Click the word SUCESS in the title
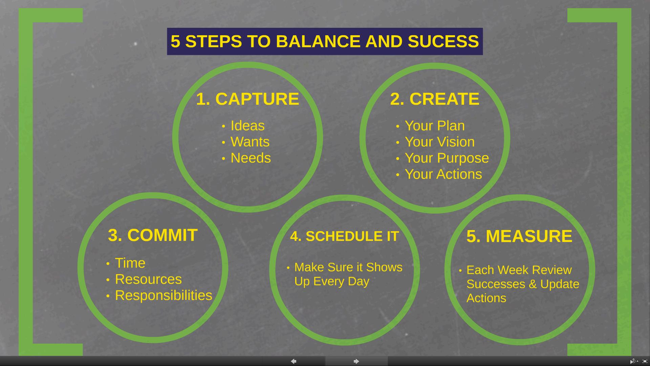(443, 41)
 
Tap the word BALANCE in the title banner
(318, 41)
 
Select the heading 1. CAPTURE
(247, 99)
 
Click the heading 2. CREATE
(435, 99)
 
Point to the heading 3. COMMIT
(153, 235)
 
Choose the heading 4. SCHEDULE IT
(345, 236)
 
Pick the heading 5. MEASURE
(519, 236)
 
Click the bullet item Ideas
(247, 126)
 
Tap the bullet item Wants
(250, 142)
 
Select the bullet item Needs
(251, 158)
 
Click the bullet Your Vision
(440, 142)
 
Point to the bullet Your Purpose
(447, 158)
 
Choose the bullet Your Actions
(443, 174)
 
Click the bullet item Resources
(148, 279)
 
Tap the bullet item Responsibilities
(164, 296)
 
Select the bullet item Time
(130, 263)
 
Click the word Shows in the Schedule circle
(384, 267)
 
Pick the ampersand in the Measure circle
(533, 284)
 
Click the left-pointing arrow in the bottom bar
(294, 361)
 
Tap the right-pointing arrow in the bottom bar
(356, 361)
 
